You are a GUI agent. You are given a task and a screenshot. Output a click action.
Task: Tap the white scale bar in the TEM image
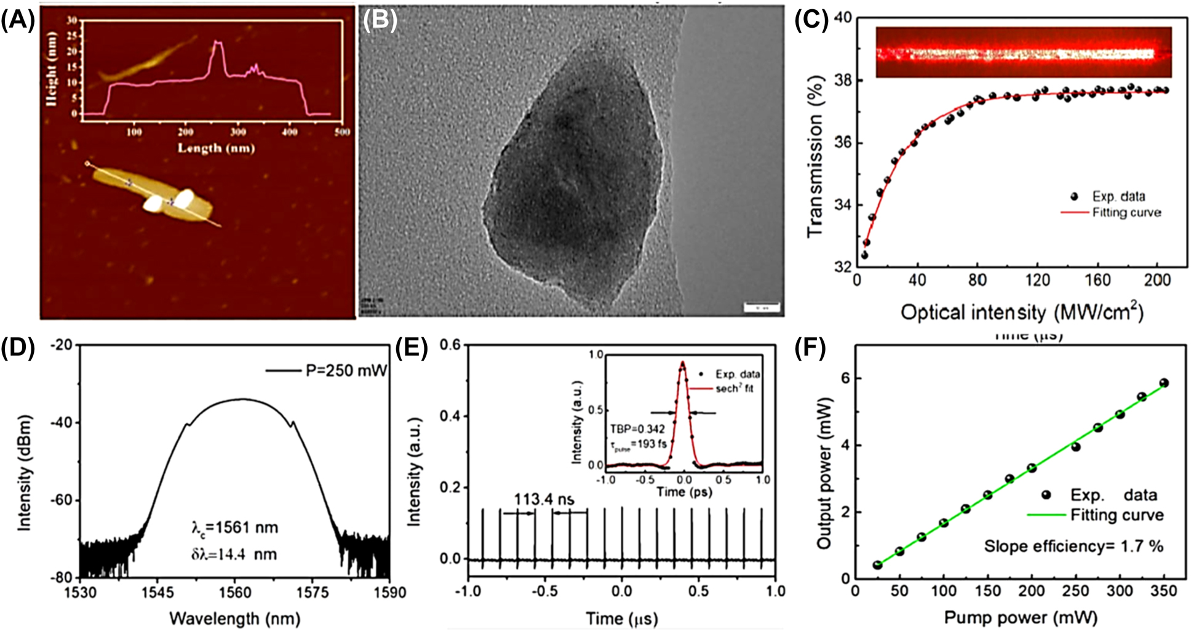[x=762, y=306]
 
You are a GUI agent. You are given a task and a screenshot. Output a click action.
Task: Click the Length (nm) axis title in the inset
[x=216, y=148]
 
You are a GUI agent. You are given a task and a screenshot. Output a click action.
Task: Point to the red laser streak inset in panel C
[x=1023, y=53]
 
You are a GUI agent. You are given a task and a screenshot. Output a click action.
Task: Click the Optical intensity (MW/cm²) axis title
[x=1022, y=312]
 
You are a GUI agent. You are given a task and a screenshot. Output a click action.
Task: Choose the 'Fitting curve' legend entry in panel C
[x=1126, y=213]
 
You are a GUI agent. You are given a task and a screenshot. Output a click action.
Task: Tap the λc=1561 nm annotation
[x=234, y=528]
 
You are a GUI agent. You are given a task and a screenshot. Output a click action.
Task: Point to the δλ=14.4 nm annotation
[x=234, y=554]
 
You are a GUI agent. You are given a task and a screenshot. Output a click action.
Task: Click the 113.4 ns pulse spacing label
[x=544, y=499]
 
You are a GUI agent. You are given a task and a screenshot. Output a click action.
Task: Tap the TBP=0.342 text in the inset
[x=637, y=429]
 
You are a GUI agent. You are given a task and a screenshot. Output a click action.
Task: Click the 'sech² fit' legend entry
[x=733, y=388]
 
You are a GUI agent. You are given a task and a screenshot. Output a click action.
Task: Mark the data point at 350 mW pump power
[x=1163, y=383]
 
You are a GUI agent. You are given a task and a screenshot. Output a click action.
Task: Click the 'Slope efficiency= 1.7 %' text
[x=1073, y=546]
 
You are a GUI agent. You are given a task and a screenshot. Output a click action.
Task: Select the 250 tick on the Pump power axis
[x=1075, y=592]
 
